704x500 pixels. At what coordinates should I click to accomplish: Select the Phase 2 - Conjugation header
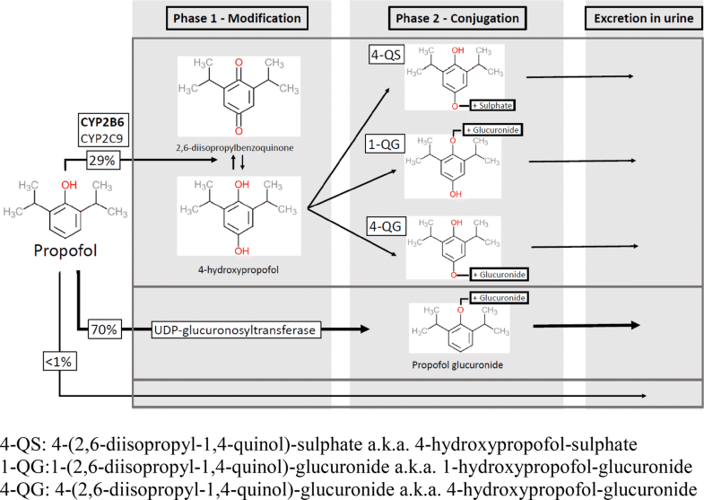pos(456,18)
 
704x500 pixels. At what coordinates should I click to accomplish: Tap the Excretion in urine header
pos(639,18)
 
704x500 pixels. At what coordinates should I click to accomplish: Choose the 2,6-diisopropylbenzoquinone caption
pos(231,144)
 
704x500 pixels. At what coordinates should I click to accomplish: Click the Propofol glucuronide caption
pos(457,365)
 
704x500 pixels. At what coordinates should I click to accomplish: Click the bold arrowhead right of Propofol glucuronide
pos(634,327)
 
